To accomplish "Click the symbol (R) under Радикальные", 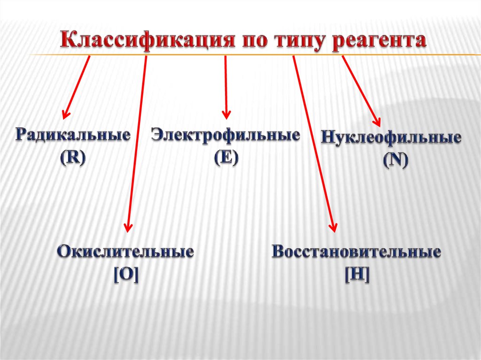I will (x=72, y=157).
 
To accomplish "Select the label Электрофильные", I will (x=225, y=136).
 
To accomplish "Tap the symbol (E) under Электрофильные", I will (x=226, y=157).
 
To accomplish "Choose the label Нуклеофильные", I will (x=391, y=138).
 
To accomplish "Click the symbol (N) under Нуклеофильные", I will (x=395, y=161).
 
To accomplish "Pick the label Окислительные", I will (x=126, y=252).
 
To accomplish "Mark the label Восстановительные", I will (x=357, y=252).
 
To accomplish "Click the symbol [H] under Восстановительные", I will (x=357, y=274).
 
